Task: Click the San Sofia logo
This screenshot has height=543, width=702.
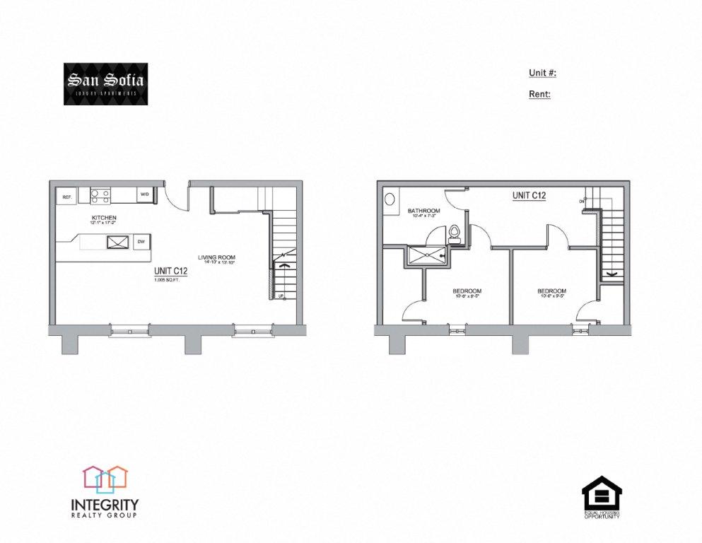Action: (x=105, y=84)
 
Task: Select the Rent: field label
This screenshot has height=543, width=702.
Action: (x=539, y=93)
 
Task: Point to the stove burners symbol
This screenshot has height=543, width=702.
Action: (x=100, y=194)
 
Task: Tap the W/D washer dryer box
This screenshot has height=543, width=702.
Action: (x=144, y=194)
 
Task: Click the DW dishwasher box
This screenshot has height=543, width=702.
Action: (x=141, y=242)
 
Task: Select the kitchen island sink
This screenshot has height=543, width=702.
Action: (x=116, y=242)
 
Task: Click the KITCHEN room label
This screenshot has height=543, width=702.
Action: (x=103, y=217)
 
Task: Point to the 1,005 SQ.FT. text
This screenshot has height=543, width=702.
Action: (x=168, y=281)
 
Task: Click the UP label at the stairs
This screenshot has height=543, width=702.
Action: (x=281, y=296)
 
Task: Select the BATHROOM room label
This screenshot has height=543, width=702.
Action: (x=424, y=211)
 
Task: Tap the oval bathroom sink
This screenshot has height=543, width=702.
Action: (x=390, y=199)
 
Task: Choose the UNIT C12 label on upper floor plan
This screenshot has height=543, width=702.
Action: (x=528, y=195)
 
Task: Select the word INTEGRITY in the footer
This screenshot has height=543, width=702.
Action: (x=105, y=505)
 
